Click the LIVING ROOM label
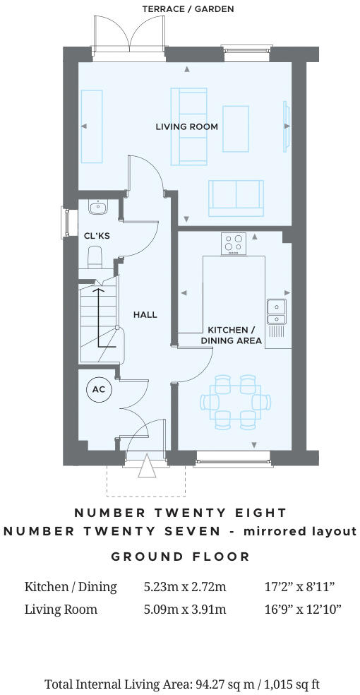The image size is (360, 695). (186, 127)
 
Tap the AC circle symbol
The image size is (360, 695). (98, 391)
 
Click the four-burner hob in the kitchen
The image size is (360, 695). (234, 244)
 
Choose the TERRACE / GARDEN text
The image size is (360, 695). (188, 9)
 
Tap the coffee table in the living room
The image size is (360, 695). (236, 128)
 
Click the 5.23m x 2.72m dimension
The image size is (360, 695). (184, 587)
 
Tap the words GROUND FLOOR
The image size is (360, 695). (181, 557)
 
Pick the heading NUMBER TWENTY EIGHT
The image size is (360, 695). (181, 513)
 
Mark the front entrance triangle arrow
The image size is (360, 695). (147, 467)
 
